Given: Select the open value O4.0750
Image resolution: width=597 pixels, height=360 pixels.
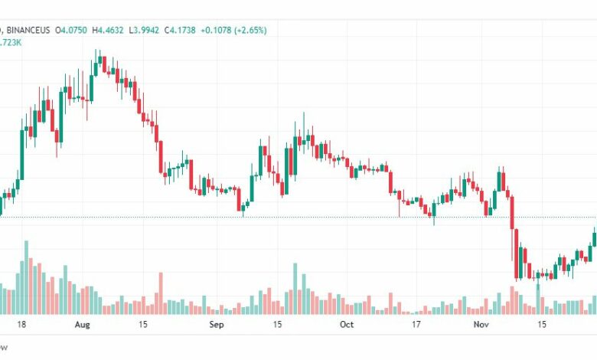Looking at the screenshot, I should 70,30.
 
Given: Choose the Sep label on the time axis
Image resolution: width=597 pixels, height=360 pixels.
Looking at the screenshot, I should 217,325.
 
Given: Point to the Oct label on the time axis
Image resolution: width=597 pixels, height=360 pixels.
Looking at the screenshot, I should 347,325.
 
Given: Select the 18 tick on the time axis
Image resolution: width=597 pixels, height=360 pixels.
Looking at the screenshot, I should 21,325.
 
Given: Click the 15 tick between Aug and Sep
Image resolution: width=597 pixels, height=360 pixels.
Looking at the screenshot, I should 144,325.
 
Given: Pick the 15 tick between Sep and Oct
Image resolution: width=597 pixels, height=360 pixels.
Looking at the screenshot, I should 279,325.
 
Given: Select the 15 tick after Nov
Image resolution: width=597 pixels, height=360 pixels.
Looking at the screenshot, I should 542,325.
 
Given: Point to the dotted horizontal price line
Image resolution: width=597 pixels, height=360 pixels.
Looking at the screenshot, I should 306,217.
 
